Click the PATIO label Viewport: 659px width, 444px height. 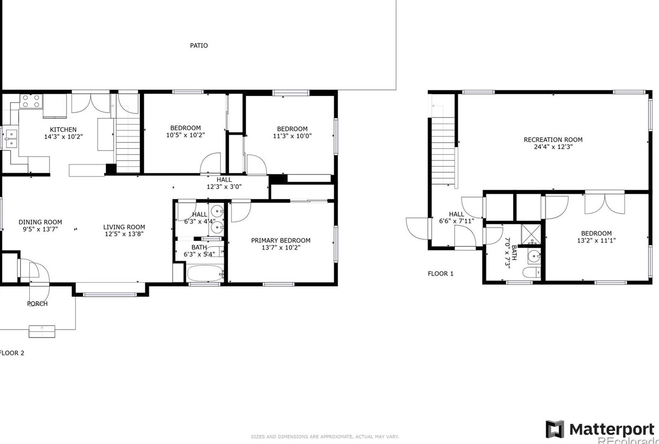point(199,46)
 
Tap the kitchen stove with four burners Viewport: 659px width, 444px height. point(31,101)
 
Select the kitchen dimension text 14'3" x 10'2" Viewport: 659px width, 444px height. point(63,137)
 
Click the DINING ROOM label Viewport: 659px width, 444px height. point(40,222)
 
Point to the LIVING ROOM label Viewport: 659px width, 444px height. point(124,227)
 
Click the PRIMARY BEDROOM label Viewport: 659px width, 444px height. point(281,241)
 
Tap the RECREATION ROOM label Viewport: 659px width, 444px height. point(553,140)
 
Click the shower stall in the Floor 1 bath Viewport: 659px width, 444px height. point(531,234)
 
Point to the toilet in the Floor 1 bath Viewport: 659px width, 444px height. point(532,272)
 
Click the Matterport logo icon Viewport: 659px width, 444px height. point(555,429)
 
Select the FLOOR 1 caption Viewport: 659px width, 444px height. point(440,274)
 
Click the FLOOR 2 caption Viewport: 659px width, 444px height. point(12,353)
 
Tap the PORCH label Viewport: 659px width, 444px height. point(37,304)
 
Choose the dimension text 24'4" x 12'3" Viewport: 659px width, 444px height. point(553,147)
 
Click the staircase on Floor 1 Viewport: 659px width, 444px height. point(443,149)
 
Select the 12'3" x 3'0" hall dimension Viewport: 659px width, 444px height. point(224,186)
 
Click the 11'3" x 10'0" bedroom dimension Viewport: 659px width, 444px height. point(292,136)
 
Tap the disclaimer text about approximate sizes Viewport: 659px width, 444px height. point(325,436)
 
